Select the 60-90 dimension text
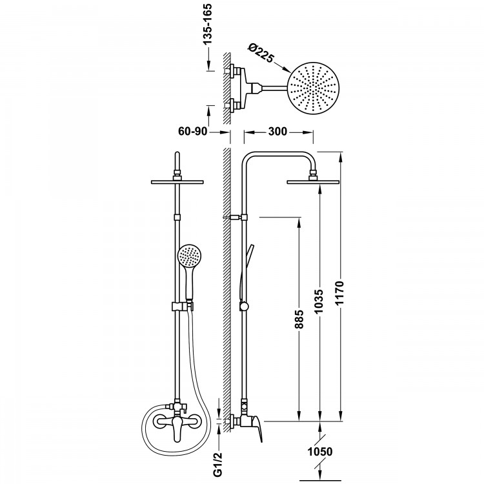click(192, 131)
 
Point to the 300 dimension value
click(277, 132)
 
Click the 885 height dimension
click(299, 319)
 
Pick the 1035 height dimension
click(319, 301)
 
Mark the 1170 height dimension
click(339, 293)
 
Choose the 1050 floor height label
click(320, 452)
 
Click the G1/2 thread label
click(217, 465)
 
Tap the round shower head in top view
click(313, 88)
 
